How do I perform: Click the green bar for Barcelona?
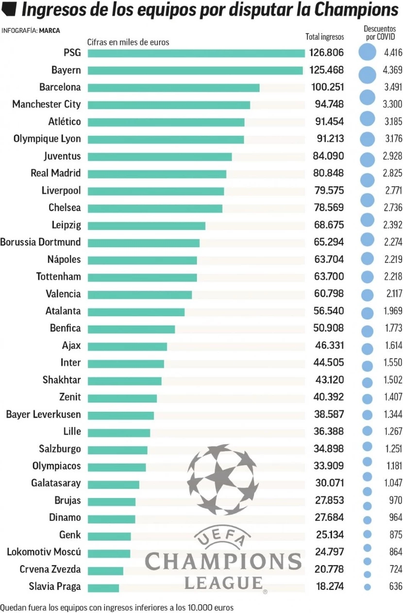pos(173,88)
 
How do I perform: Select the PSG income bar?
pos(196,53)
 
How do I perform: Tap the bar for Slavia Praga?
pos(103,588)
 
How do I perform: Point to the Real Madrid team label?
pos(55,173)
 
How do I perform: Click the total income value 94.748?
pos(327,104)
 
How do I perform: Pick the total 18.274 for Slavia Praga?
pos(329,586)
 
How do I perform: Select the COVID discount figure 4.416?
pos(392,52)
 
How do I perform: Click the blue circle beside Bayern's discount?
pos(368,74)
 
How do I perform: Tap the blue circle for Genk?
pos(368,534)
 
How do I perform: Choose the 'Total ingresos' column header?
pos(324,36)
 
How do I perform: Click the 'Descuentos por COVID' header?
pos(380,32)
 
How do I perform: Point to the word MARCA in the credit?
pos(50,31)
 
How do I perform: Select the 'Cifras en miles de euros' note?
pos(128,42)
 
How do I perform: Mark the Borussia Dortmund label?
pos(40,242)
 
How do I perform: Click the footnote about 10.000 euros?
pos(117,607)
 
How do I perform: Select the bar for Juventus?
pos(160,157)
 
